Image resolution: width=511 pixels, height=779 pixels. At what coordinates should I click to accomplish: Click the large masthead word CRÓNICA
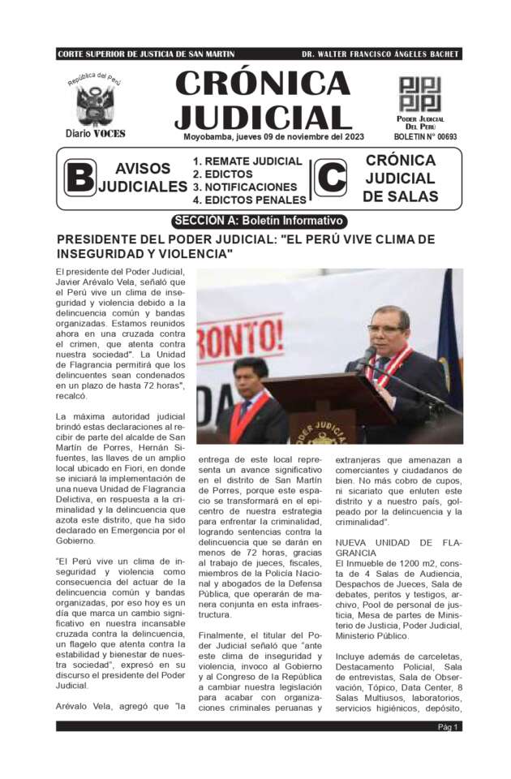coord(262,84)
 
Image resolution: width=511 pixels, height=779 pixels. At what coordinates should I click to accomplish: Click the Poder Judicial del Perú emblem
coord(419,95)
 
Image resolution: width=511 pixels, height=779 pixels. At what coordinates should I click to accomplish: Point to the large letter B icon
coord(79,178)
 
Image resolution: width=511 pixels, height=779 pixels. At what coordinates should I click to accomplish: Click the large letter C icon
coord(330,178)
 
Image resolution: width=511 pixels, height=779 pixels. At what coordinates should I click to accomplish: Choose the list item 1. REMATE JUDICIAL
coord(247,161)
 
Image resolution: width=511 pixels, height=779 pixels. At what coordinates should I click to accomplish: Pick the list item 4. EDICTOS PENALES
coord(249,200)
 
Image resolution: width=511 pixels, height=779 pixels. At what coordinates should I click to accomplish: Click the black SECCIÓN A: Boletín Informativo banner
coord(260,221)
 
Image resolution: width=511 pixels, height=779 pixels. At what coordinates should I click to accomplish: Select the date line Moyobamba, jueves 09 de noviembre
coord(274,137)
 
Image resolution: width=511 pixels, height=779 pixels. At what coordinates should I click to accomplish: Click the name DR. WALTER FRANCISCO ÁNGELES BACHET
coord(380,54)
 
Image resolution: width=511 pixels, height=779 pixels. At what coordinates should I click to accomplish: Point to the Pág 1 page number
coord(449,726)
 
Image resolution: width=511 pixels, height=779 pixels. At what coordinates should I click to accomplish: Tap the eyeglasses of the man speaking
coord(384,329)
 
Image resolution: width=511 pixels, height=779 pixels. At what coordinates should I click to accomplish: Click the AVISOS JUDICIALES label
coord(143,178)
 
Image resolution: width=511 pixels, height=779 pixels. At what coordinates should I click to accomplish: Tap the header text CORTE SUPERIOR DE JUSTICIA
coord(146,54)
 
